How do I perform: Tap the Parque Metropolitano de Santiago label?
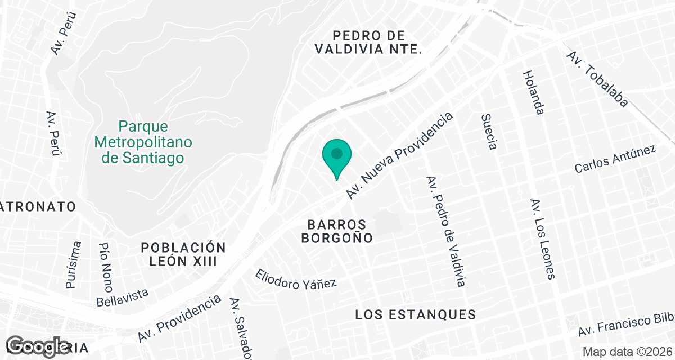pyautogui.click(x=143, y=142)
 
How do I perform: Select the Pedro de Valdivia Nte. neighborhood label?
pyautogui.click(x=368, y=42)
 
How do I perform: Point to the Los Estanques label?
pyautogui.click(x=416, y=314)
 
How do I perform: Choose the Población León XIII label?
pyautogui.click(x=183, y=254)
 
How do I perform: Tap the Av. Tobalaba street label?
pyautogui.click(x=597, y=79)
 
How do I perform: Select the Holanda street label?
pyautogui.click(x=533, y=93)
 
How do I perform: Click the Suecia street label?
pyautogui.click(x=489, y=132)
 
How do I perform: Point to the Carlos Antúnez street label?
pyautogui.click(x=615, y=159)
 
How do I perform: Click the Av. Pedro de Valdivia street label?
pyautogui.click(x=446, y=232)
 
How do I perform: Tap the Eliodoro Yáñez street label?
pyautogui.click(x=296, y=278)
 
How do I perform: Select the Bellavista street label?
pyautogui.click(x=123, y=298)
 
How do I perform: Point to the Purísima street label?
pyautogui.click(x=74, y=264)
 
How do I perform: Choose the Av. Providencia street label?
pyautogui.click(x=179, y=318)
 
